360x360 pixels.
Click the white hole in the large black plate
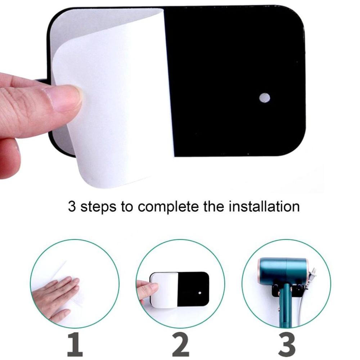point(265,97)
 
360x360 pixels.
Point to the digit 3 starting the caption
point(72,207)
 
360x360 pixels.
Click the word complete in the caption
point(166,208)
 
